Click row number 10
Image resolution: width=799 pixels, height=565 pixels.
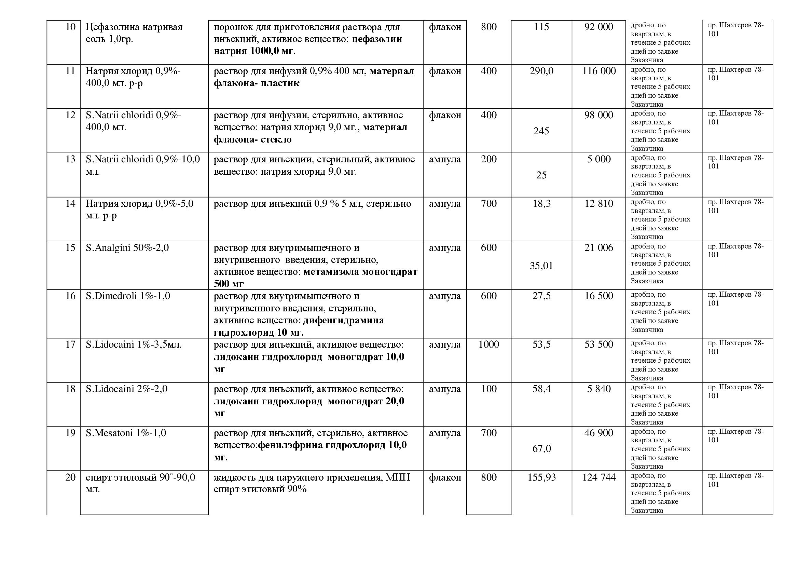[70, 27]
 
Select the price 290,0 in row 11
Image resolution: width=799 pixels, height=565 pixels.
[541, 71]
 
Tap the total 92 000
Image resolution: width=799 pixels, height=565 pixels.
[598, 27]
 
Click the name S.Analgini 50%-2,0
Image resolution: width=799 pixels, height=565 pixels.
[127, 248]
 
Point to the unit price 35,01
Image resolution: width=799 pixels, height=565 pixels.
[541, 266]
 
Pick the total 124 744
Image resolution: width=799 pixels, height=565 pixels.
[598, 477]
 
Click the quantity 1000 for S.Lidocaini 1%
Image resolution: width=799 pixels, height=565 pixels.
[488, 344]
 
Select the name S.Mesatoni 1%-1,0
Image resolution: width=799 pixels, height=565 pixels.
[126, 433]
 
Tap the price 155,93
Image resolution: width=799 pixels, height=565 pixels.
[541, 477]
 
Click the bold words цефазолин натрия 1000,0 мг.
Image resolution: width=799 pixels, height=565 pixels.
[308, 45]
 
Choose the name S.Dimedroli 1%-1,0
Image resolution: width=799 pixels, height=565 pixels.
[128, 296]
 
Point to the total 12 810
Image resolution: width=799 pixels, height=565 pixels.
[598, 203]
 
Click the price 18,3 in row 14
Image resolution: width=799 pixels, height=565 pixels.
[541, 203]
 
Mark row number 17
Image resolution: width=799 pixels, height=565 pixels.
[70, 344]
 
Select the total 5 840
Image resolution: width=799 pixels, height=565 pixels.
[598, 389]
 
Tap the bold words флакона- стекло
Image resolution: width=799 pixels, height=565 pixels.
[253, 139]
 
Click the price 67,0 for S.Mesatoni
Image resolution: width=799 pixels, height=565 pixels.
[541, 448]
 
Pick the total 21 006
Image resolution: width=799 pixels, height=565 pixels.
[598, 248]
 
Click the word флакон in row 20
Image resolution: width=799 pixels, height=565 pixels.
[445, 477]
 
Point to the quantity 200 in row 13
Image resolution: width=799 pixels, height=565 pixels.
[488, 159]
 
